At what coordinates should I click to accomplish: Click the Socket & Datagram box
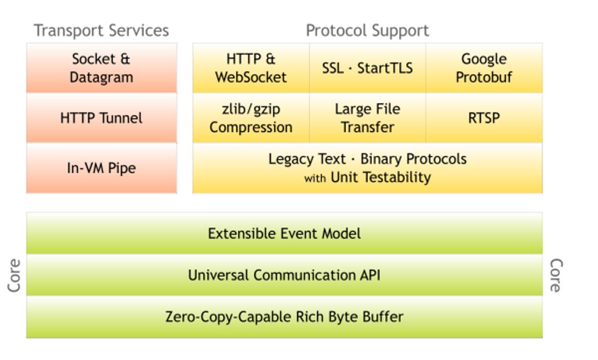(x=101, y=68)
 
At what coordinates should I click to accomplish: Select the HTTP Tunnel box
(x=101, y=118)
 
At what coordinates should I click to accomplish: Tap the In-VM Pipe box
(x=101, y=168)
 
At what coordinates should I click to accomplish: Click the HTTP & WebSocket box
(x=251, y=68)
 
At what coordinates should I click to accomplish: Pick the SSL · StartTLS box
(x=367, y=68)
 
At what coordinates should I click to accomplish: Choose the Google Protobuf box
(x=484, y=68)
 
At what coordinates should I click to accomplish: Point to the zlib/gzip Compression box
(x=251, y=118)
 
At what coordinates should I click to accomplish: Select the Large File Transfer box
(x=367, y=118)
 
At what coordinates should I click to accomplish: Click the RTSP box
(x=484, y=118)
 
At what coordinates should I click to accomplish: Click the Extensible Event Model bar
(x=284, y=234)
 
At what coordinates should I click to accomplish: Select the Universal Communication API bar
(x=284, y=275)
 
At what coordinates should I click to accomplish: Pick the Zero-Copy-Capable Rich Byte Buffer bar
(x=284, y=317)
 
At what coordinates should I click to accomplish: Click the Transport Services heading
(x=101, y=30)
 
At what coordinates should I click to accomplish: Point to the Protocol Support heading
(x=367, y=30)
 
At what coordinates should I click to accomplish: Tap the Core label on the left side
(x=14, y=275)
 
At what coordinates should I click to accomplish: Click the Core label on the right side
(x=556, y=275)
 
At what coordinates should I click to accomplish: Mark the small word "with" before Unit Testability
(x=315, y=179)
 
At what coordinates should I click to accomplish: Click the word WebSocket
(x=251, y=77)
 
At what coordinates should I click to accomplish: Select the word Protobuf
(x=484, y=77)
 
